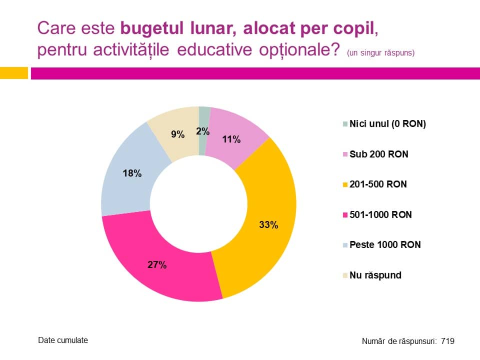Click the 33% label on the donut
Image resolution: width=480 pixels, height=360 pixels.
coord(268,225)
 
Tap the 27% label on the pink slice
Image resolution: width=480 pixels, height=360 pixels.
coord(157,265)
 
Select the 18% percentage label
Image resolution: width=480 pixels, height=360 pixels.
coord(132,173)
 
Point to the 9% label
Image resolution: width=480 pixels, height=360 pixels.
coord(178,134)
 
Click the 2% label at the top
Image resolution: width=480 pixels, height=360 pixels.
coord(202,131)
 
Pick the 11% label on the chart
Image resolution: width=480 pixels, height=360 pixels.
coord(231,139)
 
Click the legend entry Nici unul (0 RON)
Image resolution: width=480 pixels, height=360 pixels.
coord(387,124)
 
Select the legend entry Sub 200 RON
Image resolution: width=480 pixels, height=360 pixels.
coord(378,154)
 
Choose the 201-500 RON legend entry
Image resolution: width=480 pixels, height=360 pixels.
coord(378,184)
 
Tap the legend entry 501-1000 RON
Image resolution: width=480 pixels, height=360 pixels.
coord(380,214)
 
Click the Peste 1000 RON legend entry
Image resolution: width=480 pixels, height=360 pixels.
coord(385,244)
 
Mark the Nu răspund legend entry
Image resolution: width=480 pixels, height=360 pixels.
coord(375,275)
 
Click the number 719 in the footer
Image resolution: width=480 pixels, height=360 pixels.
coord(447,341)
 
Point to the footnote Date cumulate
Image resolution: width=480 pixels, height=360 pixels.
coord(63,340)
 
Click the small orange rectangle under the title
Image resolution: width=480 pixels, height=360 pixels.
coord(13,73)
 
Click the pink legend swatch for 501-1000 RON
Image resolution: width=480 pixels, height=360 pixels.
coord(345,215)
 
